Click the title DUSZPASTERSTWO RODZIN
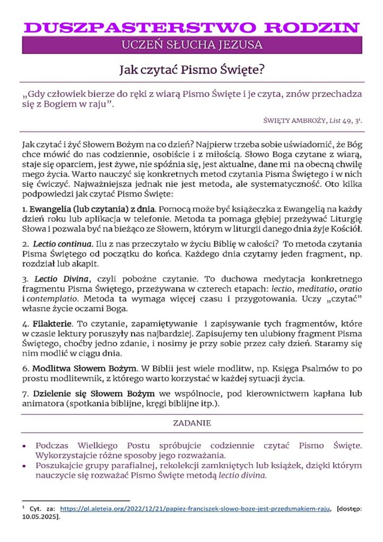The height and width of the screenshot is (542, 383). point(192,28)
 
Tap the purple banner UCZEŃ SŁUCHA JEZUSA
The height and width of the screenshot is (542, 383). point(192,46)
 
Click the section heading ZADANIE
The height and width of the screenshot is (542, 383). point(192,423)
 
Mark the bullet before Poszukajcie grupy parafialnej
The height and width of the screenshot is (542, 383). point(25,466)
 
